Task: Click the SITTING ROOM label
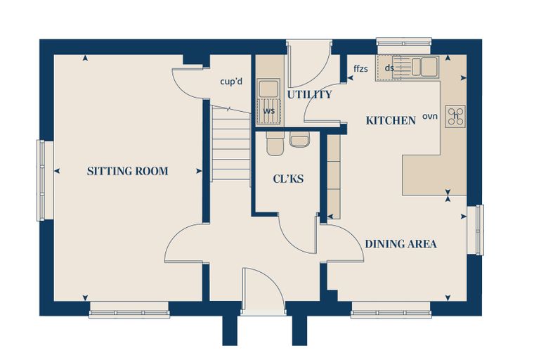[127, 171]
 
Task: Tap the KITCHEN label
[391, 120]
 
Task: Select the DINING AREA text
[400, 244]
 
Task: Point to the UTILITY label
[309, 94]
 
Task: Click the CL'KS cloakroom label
[288, 179]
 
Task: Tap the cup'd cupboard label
[231, 82]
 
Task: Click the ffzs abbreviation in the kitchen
[360, 68]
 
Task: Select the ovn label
[430, 116]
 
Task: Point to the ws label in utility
[268, 111]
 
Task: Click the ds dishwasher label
[389, 67]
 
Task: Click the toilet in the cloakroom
[275, 143]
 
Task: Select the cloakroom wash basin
[300, 139]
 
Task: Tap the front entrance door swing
[263, 289]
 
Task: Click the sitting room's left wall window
[41, 180]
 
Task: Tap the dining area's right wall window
[479, 230]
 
